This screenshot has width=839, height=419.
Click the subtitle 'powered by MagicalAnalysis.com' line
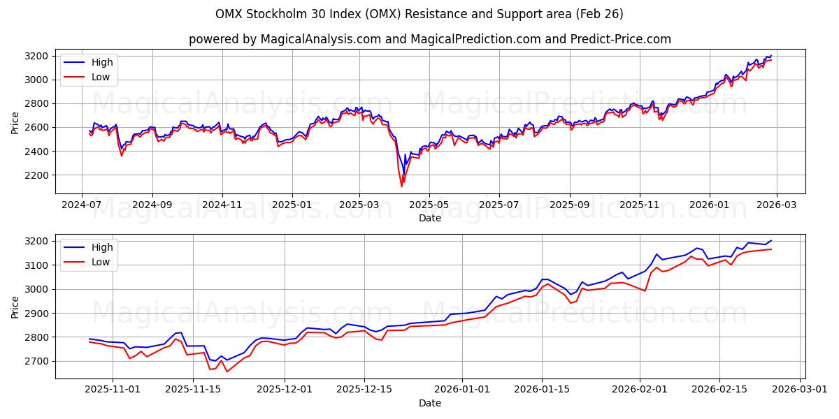coord(429,39)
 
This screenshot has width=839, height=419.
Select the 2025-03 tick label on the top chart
coord(359,205)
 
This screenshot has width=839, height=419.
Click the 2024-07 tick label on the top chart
coord(82,205)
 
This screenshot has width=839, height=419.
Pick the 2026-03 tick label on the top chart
coord(776,205)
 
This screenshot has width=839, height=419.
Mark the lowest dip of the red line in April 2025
coord(401,186)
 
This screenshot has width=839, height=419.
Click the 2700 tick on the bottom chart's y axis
coord(36,361)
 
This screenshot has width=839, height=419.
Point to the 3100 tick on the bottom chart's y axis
coord(36,265)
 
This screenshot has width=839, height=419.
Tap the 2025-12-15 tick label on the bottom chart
coord(364,390)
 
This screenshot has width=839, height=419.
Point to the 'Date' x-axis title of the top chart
coord(429,218)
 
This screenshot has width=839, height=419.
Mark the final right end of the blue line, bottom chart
coord(771,240)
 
